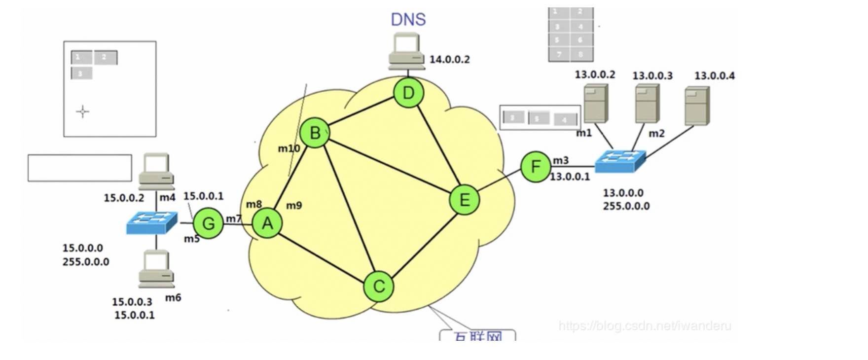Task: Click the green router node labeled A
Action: tap(267, 223)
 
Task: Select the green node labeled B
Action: tap(315, 133)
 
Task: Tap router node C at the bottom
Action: tap(378, 287)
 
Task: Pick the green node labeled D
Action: tap(408, 93)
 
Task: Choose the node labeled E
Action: tap(464, 200)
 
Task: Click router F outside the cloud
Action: tap(536, 167)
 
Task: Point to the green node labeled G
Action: tap(208, 224)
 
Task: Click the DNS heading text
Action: tap(408, 19)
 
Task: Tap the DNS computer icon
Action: tap(406, 51)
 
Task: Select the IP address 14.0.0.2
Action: tap(449, 60)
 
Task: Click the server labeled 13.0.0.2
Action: tap(595, 104)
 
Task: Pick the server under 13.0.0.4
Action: tap(697, 106)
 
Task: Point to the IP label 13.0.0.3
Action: tap(652, 76)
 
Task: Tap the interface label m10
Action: tap(289, 148)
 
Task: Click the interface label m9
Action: tap(294, 206)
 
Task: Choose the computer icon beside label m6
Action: tap(156, 269)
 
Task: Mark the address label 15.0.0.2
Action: tap(124, 198)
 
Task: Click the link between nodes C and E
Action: tap(422, 243)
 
